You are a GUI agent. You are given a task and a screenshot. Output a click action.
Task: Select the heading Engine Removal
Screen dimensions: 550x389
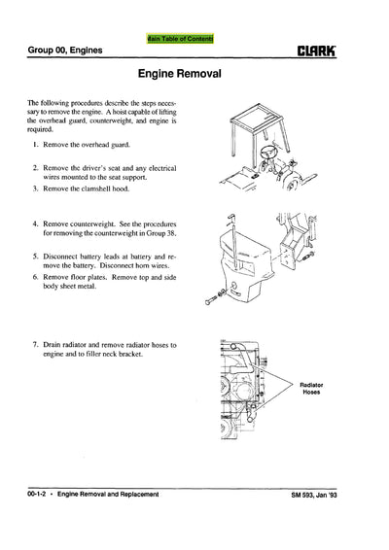(x=194, y=75)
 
